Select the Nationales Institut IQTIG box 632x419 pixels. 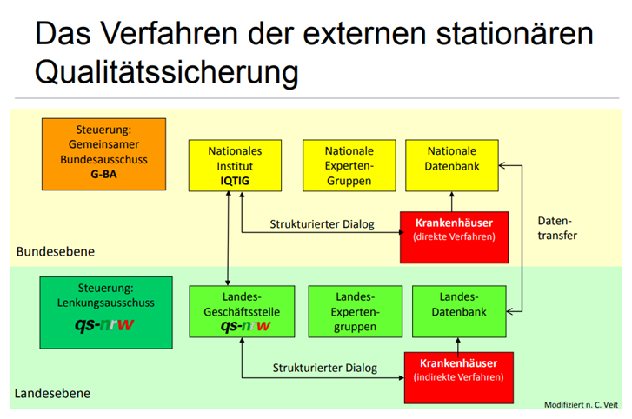[x=229, y=166]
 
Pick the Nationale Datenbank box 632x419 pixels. [x=452, y=166]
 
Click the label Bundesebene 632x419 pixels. [x=54, y=251]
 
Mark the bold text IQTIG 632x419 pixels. [x=229, y=182]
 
